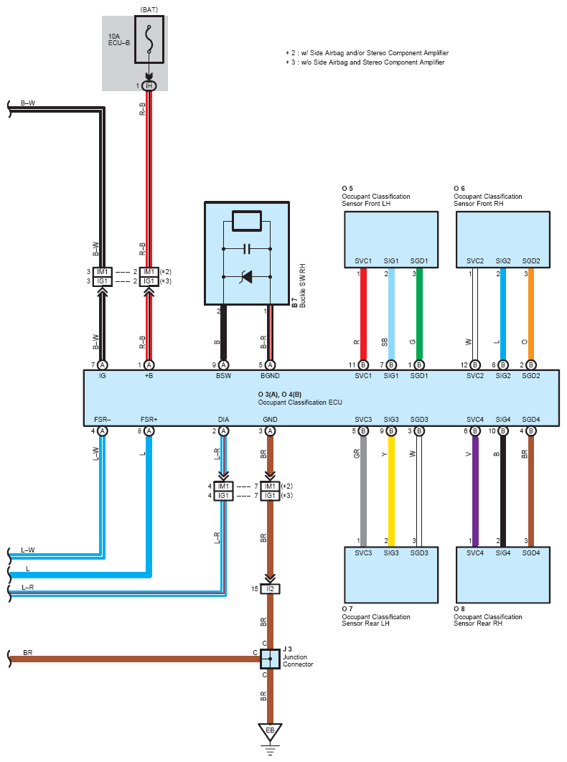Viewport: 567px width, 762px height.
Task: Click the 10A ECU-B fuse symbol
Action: (149, 41)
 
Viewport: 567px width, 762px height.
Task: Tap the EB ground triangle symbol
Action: (271, 732)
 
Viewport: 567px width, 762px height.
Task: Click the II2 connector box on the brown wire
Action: (271, 589)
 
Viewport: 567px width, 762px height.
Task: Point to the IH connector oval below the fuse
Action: (149, 86)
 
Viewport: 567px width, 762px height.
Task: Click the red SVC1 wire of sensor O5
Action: (364, 309)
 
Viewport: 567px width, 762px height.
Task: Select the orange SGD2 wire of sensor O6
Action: (531, 309)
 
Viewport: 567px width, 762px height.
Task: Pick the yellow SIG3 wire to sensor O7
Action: (392, 488)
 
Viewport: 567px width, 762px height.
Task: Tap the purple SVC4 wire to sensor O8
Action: (475, 488)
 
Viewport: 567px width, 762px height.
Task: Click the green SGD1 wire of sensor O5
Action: (420, 309)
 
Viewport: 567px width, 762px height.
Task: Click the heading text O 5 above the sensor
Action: (347, 188)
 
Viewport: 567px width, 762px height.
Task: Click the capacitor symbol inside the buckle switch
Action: (247, 249)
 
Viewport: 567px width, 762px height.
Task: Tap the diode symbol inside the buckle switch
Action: (247, 276)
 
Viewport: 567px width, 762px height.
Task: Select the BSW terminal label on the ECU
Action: (224, 376)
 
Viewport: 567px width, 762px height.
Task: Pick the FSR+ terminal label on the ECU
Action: (149, 419)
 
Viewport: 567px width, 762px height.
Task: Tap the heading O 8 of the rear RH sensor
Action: (459, 608)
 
